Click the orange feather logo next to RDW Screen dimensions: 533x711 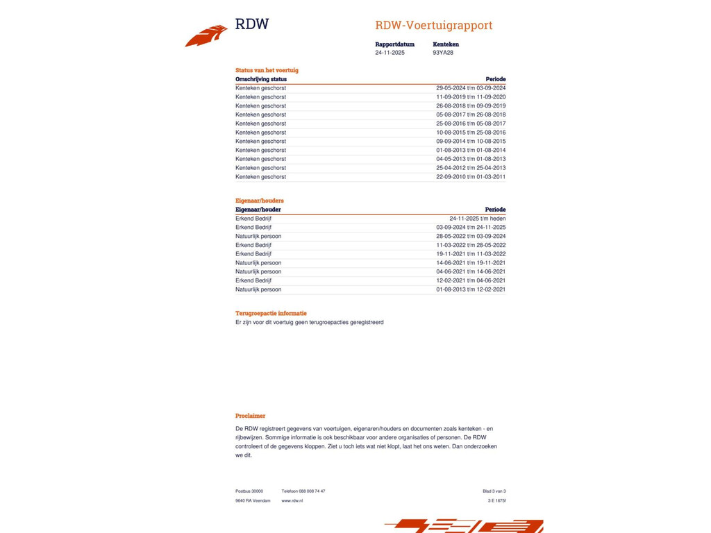point(207,35)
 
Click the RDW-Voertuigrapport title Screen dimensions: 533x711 point(433,26)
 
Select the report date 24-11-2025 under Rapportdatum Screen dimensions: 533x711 point(390,53)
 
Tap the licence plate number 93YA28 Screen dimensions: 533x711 point(443,53)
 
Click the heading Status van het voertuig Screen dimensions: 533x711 point(267,70)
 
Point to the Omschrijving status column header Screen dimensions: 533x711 point(261,79)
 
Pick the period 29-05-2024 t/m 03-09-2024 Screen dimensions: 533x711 point(471,88)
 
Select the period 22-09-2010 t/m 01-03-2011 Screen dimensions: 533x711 point(471,177)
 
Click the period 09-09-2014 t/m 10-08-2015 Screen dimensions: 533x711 point(471,142)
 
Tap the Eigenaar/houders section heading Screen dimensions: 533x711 point(260,201)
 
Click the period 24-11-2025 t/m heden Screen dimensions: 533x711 point(477,219)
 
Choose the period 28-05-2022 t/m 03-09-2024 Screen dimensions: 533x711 point(471,237)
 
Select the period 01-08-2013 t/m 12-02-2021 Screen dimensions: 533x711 point(471,289)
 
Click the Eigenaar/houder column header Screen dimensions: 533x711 point(258,210)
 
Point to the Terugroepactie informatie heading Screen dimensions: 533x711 point(271,313)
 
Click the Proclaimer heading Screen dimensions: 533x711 point(250,416)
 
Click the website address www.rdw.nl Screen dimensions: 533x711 point(292,500)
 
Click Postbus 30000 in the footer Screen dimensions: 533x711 point(249,491)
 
